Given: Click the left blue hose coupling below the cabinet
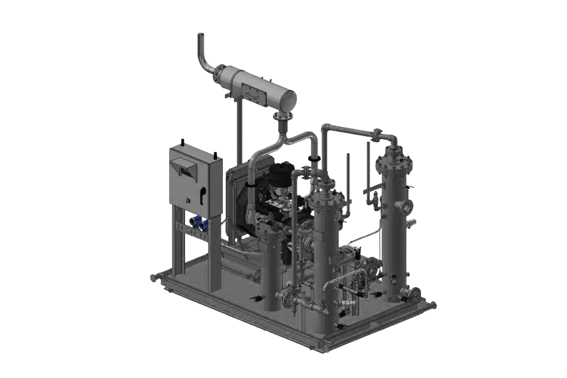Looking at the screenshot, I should click(195, 223).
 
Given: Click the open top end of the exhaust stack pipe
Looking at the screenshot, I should click(200, 35).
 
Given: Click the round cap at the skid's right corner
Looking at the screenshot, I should click(434, 305).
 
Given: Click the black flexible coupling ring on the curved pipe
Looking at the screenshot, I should click(314, 158).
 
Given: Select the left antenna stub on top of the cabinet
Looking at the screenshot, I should click(183, 142).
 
